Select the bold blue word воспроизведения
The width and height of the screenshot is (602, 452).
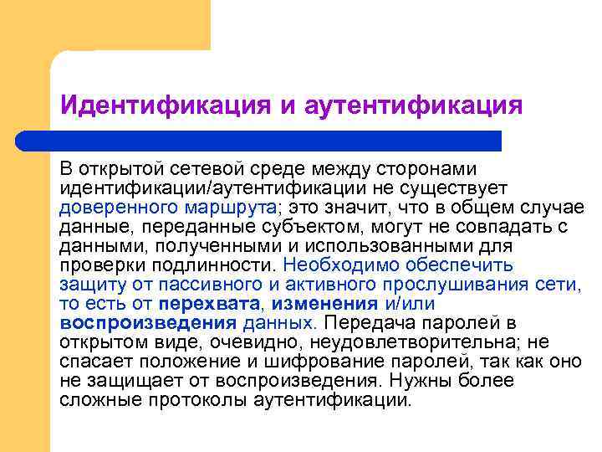[x=149, y=322]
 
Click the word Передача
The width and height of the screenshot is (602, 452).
[x=365, y=322]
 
